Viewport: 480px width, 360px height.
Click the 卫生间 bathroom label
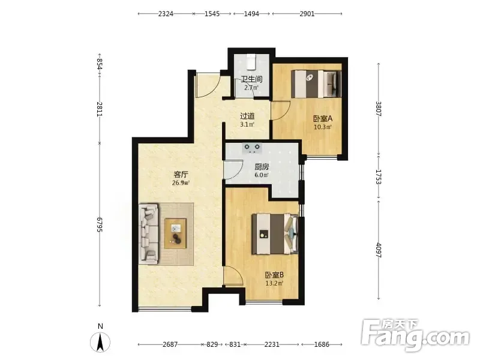click(x=251, y=79)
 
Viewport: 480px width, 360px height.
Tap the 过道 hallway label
click(x=247, y=116)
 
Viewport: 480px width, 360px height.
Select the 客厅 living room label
click(x=181, y=175)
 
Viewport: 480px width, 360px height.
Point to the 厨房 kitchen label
click(x=262, y=167)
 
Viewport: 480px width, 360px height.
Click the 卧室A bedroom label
click(x=323, y=118)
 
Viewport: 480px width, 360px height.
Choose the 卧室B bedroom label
click(x=274, y=275)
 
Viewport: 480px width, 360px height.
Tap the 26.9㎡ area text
click(x=181, y=183)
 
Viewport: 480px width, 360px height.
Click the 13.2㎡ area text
click(x=274, y=283)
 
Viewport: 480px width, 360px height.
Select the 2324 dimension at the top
click(x=166, y=14)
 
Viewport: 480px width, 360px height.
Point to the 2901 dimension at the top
click(x=307, y=14)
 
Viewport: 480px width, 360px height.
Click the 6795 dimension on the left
click(x=99, y=224)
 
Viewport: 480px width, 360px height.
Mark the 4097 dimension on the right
click(x=379, y=250)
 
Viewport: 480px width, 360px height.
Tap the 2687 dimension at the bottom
click(x=170, y=344)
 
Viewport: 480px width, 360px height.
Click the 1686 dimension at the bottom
click(x=322, y=344)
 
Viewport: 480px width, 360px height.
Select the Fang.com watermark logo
click(x=415, y=335)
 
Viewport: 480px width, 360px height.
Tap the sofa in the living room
click(x=149, y=234)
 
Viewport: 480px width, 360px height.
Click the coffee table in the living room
click(x=176, y=233)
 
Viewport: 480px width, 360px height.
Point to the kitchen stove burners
click(x=252, y=148)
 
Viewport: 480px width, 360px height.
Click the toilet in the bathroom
click(x=251, y=62)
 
